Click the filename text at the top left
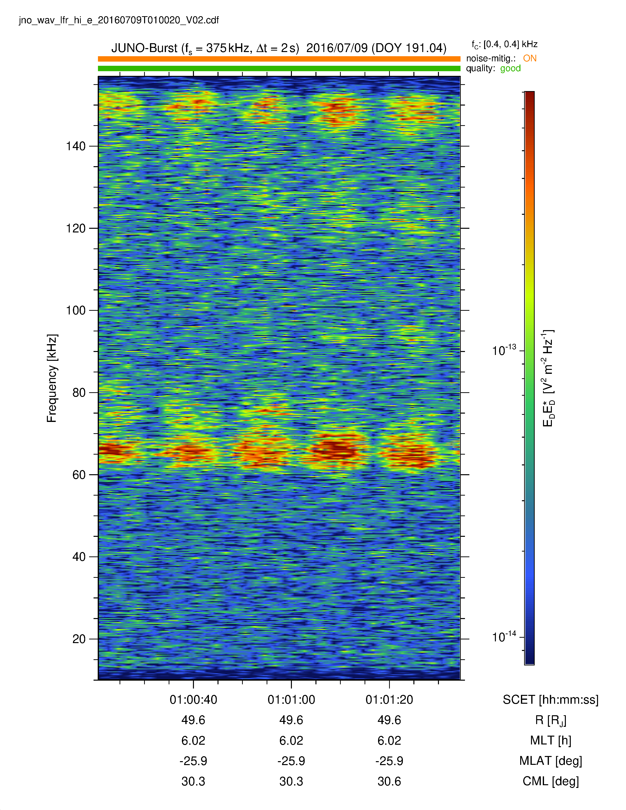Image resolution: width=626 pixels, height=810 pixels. coord(119,20)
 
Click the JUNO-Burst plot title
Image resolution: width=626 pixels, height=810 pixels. coord(279,48)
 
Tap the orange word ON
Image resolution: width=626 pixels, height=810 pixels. coord(530,58)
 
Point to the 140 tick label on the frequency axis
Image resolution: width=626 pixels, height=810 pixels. coord(76,146)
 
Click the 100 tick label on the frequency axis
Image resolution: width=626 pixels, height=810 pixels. coord(76,310)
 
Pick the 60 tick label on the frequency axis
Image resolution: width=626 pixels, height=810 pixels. coord(79,475)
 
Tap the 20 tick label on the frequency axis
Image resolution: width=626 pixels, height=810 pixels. coord(79,639)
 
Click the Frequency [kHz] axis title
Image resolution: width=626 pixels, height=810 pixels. coord(52,378)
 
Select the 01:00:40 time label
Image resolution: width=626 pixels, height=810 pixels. coord(193,700)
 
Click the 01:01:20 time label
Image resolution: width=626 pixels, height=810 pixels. coord(389,700)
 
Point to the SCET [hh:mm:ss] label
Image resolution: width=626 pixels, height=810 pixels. coord(550,700)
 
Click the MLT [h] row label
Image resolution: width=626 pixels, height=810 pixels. coord(550,741)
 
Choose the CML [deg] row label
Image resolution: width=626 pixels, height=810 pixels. coord(550,782)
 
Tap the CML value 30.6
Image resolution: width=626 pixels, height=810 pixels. coord(389,782)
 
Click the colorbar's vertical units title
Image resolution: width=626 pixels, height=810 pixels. coord(548,378)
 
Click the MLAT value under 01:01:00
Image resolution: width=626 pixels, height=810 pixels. coord(291,761)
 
